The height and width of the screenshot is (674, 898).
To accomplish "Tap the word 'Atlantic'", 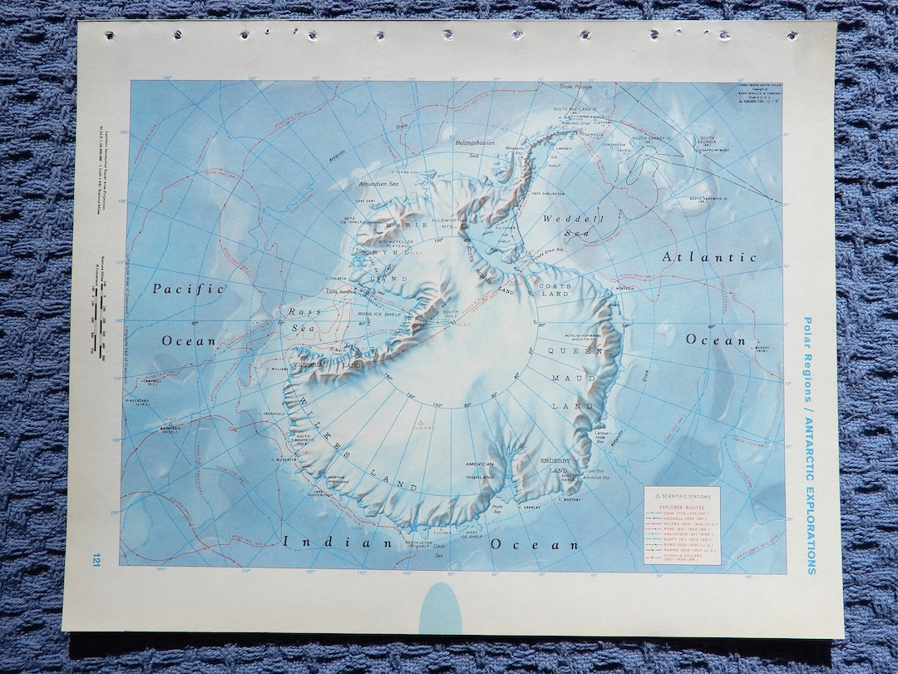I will [x=709, y=257].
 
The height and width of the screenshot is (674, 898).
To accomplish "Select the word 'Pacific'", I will [x=189, y=289].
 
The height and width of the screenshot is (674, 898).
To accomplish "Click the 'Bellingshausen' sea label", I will [x=475, y=143].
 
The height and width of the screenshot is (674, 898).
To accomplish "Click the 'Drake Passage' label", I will [x=577, y=86].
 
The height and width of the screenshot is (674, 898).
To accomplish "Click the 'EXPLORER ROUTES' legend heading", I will [x=682, y=506].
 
